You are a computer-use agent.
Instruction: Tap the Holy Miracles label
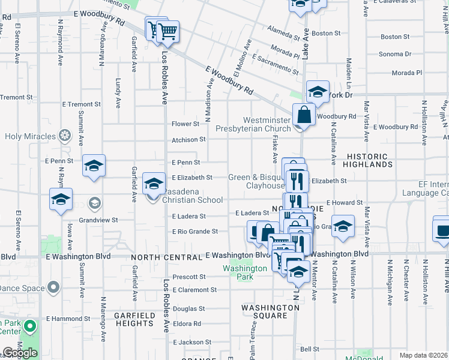pyautogui.click(x=29, y=136)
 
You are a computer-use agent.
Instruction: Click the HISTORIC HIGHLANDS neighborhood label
pyautogui.click(x=369, y=160)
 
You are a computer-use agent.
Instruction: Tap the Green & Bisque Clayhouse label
pyautogui.click(x=255, y=181)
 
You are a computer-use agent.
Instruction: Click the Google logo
pyautogui.click(x=20, y=353)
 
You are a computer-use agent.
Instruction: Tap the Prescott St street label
pyautogui.click(x=189, y=277)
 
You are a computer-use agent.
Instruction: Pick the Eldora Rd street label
pyautogui.click(x=187, y=323)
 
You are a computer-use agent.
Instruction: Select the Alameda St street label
pyautogui.click(x=279, y=28)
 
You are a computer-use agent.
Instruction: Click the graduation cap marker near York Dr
pyautogui.click(x=318, y=92)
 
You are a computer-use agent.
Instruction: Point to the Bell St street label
pyautogui.click(x=310, y=349)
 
